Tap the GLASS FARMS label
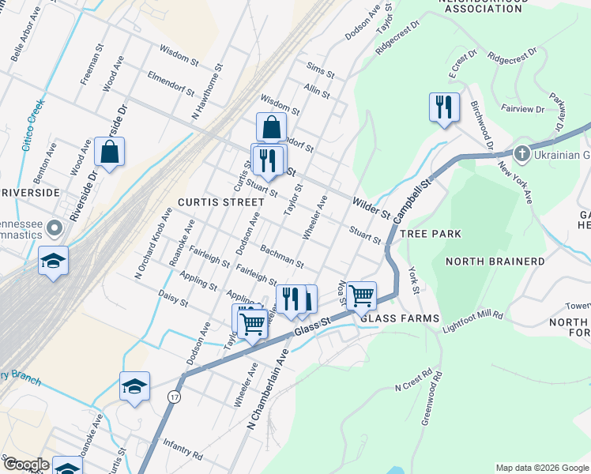point(399,318)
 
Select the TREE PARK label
point(431,235)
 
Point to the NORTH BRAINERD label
point(495,261)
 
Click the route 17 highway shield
point(175,397)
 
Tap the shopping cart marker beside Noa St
point(361,295)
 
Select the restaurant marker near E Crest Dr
point(444,107)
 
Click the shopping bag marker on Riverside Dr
point(109,152)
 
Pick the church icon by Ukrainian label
point(521,152)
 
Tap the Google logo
point(25,465)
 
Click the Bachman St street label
point(282,256)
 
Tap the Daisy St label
point(173,296)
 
